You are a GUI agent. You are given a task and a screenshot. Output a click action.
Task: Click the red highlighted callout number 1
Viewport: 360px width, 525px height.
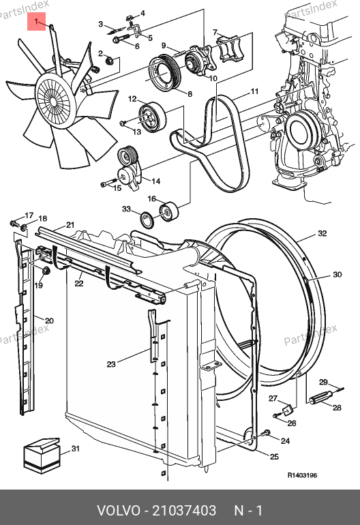36,22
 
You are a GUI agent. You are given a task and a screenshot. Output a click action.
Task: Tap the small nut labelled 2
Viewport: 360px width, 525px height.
109,61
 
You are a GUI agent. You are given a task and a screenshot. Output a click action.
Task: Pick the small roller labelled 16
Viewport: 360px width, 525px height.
169,211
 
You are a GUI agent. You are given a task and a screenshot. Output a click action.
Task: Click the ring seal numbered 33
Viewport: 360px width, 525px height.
147,220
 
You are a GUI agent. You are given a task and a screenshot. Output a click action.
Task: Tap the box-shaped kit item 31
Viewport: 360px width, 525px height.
41,455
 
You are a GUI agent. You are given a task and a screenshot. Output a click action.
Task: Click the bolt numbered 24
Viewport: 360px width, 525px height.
266,433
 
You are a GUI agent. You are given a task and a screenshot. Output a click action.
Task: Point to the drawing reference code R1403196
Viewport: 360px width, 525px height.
302,475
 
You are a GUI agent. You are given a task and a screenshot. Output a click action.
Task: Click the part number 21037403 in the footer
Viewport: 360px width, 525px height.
184,510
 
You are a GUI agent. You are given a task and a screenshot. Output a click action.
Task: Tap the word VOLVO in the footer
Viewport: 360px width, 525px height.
119,510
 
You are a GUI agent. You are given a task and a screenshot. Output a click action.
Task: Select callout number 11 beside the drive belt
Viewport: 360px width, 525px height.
254,91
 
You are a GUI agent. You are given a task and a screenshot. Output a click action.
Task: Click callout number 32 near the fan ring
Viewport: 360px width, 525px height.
322,233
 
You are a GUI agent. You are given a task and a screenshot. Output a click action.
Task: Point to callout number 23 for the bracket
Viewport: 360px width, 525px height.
111,364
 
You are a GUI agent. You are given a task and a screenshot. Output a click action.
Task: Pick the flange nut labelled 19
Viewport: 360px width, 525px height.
46,271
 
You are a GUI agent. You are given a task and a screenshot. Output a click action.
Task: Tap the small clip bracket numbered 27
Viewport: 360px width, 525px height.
288,410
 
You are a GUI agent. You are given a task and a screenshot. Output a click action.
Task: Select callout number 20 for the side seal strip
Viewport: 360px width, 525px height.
49,320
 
